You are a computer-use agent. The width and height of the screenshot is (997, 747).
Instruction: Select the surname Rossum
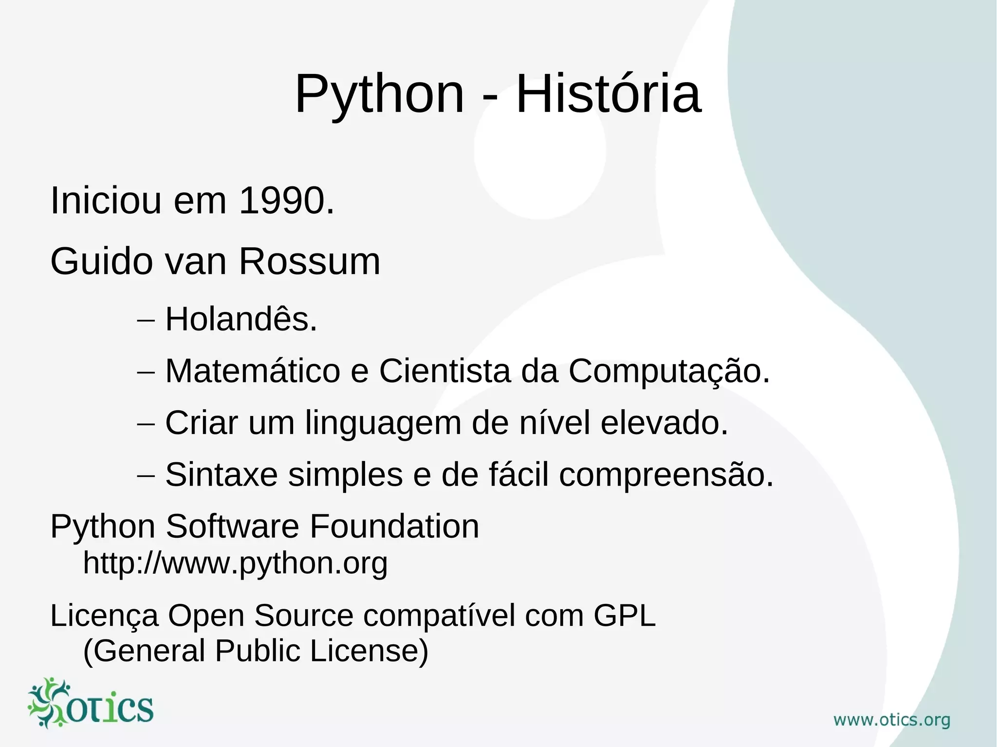tap(309, 262)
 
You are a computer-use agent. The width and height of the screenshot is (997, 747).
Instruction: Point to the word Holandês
tap(241, 320)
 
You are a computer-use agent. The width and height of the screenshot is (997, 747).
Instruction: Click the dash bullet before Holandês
tap(146, 321)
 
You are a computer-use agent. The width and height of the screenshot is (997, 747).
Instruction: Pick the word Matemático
tap(253, 371)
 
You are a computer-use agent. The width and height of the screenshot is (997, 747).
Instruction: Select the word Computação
tap(669, 371)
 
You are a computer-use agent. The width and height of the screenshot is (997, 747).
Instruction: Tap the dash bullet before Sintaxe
tap(146, 476)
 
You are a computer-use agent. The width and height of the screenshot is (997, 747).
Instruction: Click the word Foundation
tap(394, 527)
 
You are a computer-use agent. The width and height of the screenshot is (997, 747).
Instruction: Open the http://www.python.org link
tap(235, 563)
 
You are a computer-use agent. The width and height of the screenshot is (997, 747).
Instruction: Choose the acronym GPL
tap(625, 616)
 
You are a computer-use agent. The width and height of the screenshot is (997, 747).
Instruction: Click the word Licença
tap(105, 616)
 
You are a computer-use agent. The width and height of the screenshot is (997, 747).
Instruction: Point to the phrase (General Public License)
tap(256, 651)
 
